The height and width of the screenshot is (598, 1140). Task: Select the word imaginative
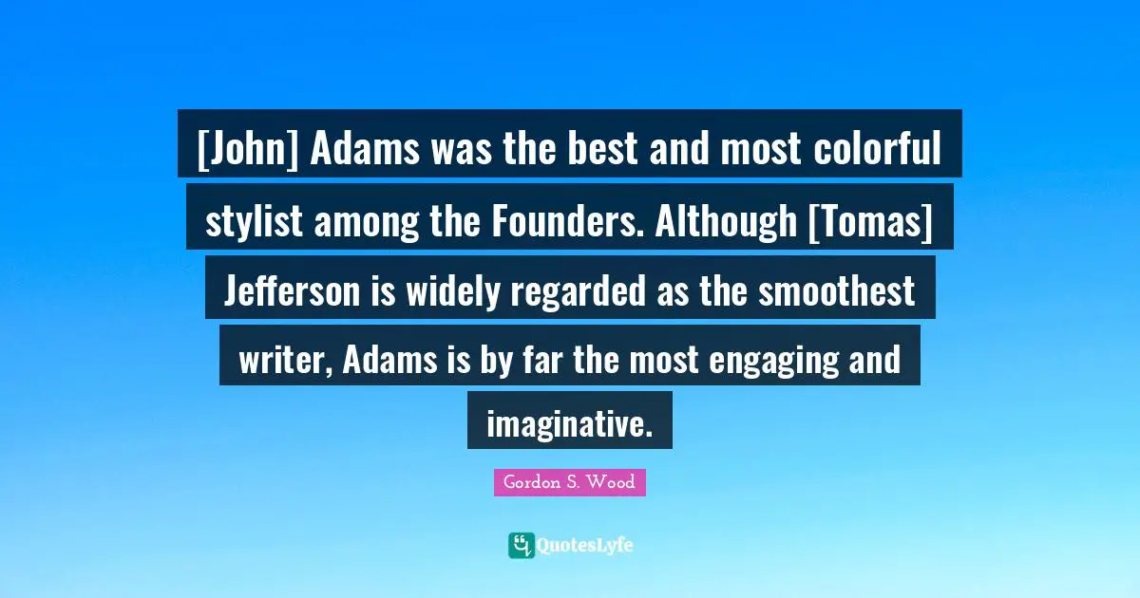(x=569, y=423)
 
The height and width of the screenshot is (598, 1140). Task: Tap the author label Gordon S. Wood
(x=569, y=482)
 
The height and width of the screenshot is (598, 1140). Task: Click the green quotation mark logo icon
(x=521, y=545)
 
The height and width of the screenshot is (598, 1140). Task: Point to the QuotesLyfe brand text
(x=585, y=546)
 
